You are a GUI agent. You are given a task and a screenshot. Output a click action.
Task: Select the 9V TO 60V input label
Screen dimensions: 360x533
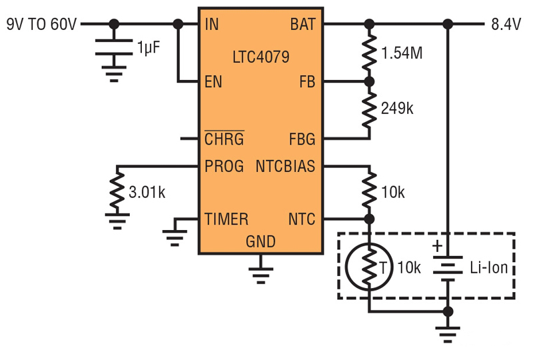click(x=42, y=25)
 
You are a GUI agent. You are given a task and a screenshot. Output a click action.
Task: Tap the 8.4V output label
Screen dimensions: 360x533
click(x=506, y=25)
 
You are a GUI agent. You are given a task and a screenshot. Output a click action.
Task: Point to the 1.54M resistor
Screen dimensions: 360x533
click(x=369, y=53)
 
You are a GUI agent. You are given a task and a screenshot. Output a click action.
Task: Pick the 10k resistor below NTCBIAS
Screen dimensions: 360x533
click(x=369, y=192)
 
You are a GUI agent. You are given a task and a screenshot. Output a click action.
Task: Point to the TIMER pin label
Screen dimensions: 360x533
click(x=227, y=219)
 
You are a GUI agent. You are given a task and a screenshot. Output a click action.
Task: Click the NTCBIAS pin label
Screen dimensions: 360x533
click(x=286, y=166)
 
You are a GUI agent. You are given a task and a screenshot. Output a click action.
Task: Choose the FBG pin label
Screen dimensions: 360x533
click(x=302, y=139)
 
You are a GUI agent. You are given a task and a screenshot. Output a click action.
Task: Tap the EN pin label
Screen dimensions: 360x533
click(x=213, y=82)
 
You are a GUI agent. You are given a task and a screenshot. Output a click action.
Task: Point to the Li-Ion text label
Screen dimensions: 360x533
click(x=489, y=268)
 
